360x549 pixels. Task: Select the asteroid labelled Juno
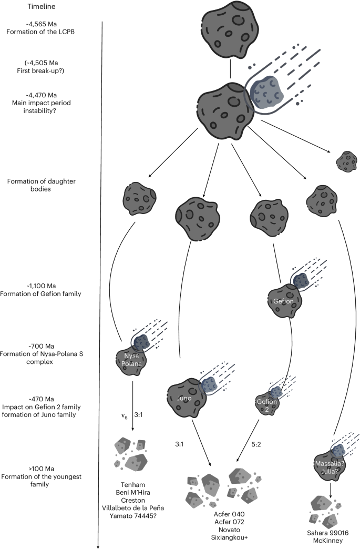point(186,393)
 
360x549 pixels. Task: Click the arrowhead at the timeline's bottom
point(99,545)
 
